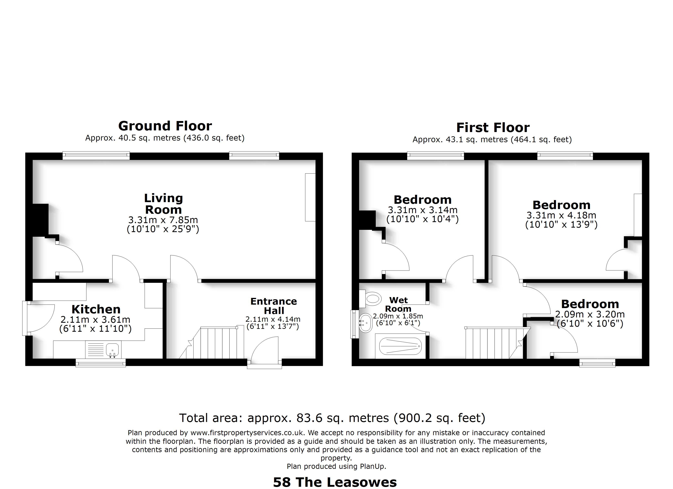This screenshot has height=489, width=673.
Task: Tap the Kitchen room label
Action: coord(96,309)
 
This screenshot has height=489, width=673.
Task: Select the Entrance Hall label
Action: coord(274,306)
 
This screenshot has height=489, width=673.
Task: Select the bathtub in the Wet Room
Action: coord(401,346)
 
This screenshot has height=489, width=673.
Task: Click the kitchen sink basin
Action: coord(112,350)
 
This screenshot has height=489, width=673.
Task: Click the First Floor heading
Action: coord(493,128)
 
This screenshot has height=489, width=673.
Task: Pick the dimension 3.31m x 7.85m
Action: coord(163,220)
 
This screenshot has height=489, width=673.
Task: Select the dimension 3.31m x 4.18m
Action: coord(561,215)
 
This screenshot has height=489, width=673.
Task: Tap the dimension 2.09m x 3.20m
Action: coord(590,314)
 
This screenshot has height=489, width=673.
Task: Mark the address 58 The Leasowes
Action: coord(335,482)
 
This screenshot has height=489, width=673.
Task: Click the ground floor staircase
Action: coord(211,343)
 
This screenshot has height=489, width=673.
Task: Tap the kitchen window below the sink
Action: coord(101,363)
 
